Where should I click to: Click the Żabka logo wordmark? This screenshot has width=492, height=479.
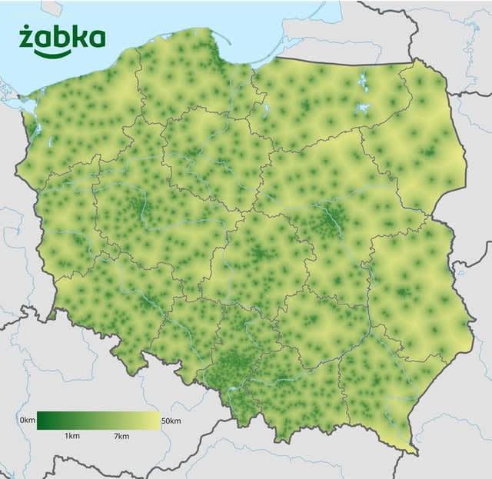click(x=61, y=38)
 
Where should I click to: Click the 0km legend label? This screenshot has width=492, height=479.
click(x=27, y=420)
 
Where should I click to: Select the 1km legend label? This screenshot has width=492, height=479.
click(x=72, y=435)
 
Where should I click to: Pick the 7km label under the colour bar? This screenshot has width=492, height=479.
click(x=121, y=435)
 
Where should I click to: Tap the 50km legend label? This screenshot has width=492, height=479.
click(x=172, y=420)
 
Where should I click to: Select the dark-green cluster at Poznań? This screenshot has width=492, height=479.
click(x=137, y=206)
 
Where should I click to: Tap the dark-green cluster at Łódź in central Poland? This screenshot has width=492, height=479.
click(x=259, y=253)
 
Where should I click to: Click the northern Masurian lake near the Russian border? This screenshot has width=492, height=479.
click(x=361, y=78)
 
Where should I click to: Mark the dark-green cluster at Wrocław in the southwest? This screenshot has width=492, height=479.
click(x=142, y=301)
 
